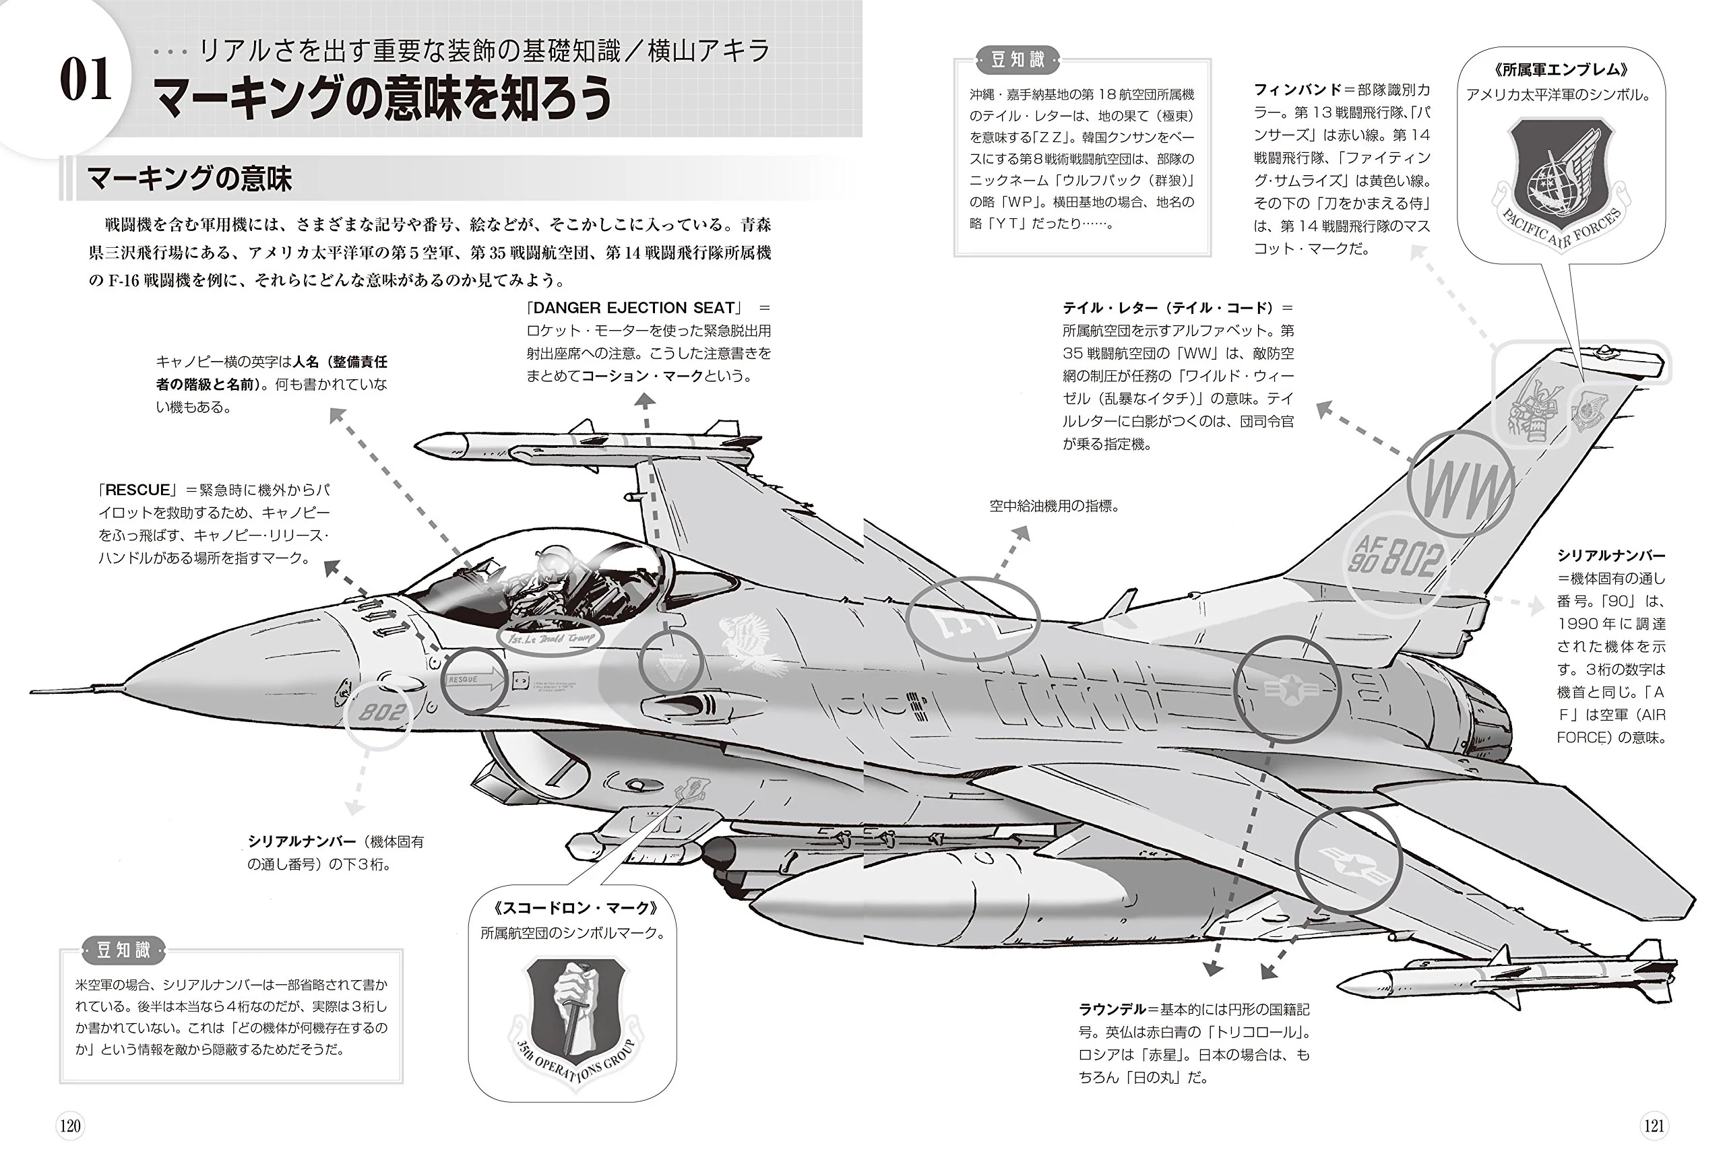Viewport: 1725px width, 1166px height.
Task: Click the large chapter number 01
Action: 86,80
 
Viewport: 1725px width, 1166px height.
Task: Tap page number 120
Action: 70,1126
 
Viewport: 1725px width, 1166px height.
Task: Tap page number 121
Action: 1654,1126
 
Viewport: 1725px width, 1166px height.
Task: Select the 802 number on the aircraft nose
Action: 382,712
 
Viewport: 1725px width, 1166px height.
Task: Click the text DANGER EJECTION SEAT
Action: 634,308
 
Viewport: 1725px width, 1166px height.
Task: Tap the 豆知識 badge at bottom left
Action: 123,949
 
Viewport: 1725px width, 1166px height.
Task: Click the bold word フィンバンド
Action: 1298,90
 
